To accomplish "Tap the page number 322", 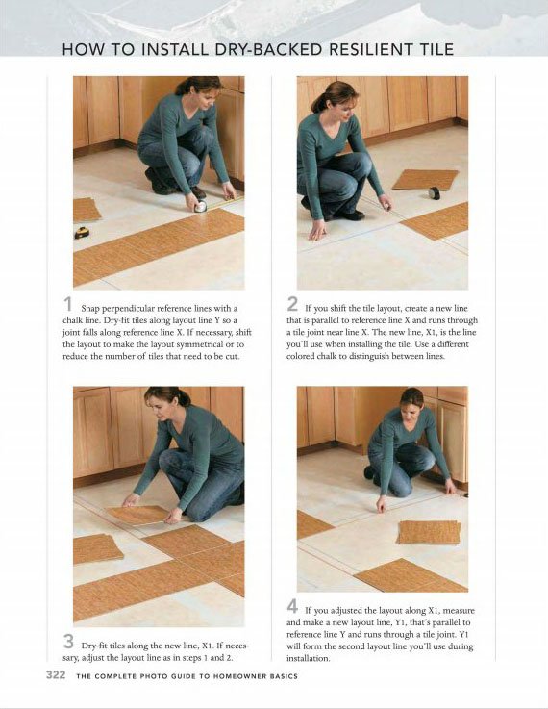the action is (56, 675).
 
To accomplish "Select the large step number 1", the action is (68, 304).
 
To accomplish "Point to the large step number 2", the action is (292, 304).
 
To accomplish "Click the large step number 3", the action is (68, 641).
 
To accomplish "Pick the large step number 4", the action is (292, 606).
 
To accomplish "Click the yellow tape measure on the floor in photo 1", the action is (82, 233).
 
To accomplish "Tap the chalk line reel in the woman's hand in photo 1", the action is (200, 206).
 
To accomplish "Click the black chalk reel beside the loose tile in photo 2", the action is (435, 192).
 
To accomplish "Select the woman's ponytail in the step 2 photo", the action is (319, 103).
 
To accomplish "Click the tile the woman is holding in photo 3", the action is (138, 515).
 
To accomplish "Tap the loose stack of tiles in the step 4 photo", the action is (430, 532).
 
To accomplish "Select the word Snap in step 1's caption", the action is (90, 309).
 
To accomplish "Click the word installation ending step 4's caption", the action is (308, 658).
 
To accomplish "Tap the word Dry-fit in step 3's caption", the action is (93, 646).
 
